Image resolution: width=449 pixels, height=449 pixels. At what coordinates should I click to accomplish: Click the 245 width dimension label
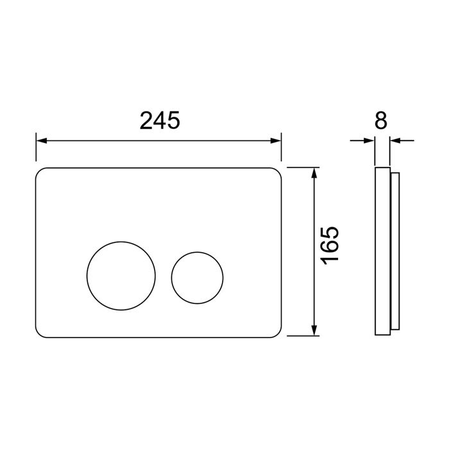click(x=160, y=121)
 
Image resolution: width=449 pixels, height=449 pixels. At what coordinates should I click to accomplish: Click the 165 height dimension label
click(x=330, y=246)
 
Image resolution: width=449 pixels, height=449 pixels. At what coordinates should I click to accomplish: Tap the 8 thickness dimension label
click(x=381, y=121)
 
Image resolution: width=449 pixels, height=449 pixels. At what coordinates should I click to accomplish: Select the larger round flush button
click(x=121, y=276)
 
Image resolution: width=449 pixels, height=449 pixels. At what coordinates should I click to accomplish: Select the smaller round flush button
click(x=198, y=278)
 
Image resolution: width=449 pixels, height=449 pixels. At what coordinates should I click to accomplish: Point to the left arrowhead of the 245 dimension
click(x=41, y=140)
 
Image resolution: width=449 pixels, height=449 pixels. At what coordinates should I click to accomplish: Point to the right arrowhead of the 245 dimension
click(x=276, y=140)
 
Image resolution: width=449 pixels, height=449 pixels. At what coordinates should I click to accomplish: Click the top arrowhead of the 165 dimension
click(x=315, y=173)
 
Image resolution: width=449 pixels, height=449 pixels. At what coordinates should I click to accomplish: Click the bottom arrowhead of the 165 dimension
click(x=315, y=330)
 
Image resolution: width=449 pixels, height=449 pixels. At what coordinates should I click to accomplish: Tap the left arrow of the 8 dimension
click(x=362, y=140)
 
